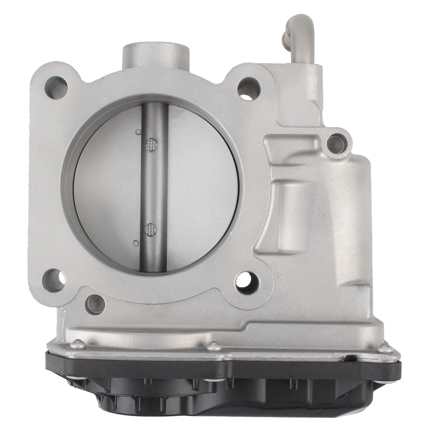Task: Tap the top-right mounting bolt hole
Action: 248,88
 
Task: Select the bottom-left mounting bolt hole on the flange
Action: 54,281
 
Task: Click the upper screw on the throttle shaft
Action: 152,144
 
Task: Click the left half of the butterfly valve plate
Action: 107,188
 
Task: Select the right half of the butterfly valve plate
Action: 201,188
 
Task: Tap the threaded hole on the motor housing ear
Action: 334,143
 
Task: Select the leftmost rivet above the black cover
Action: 78,344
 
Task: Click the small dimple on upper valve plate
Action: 138,132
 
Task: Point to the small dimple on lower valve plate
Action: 136,243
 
